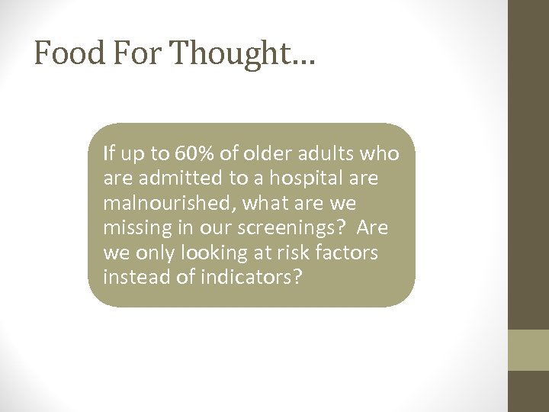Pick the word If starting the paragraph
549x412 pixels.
click(108, 153)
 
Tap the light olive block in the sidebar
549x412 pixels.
click(528, 349)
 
